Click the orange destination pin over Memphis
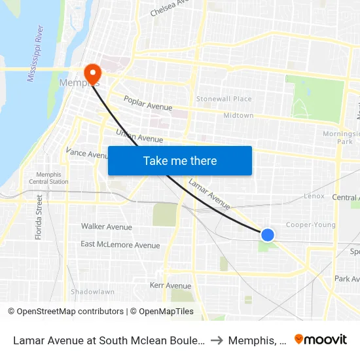point(93,72)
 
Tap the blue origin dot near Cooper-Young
point(267,234)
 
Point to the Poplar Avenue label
point(148,103)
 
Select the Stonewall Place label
point(224,99)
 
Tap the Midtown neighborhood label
point(238,115)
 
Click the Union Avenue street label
point(139,135)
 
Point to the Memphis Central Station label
point(48,178)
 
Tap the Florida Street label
point(39,217)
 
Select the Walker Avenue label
point(106,226)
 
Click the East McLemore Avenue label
point(120,245)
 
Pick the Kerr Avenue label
point(170,285)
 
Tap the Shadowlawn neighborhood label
point(92,291)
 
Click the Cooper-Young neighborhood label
point(311,225)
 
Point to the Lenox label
point(314,196)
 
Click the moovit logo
point(320,339)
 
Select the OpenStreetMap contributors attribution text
point(70,312)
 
